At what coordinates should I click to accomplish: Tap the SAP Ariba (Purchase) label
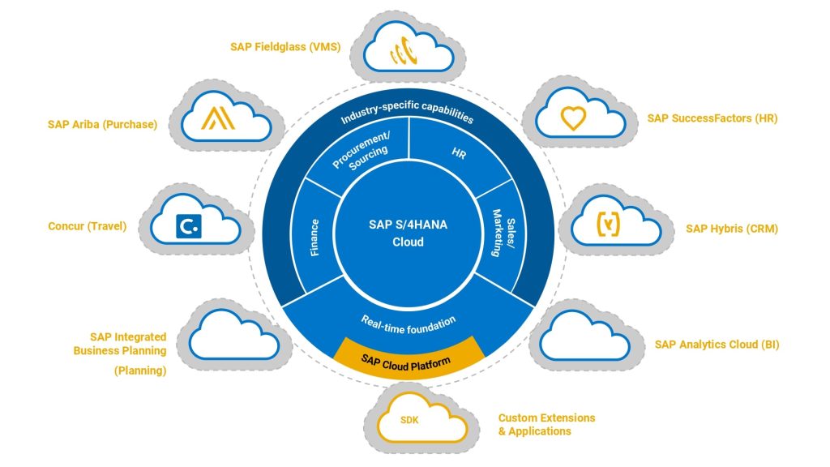(103, 124)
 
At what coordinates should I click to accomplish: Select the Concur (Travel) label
(88, 226)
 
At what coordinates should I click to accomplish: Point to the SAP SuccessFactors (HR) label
(712, 118)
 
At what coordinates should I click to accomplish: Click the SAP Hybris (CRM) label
(732, 229)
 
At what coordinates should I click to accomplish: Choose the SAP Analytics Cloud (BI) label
(717, 344)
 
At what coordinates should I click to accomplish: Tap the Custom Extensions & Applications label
(546, 424)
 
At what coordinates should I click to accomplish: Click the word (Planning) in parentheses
(139, 371)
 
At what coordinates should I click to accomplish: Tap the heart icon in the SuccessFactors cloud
(573, 119)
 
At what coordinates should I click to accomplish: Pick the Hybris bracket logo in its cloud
(608, 224)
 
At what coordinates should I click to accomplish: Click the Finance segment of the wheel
(314, 236)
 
